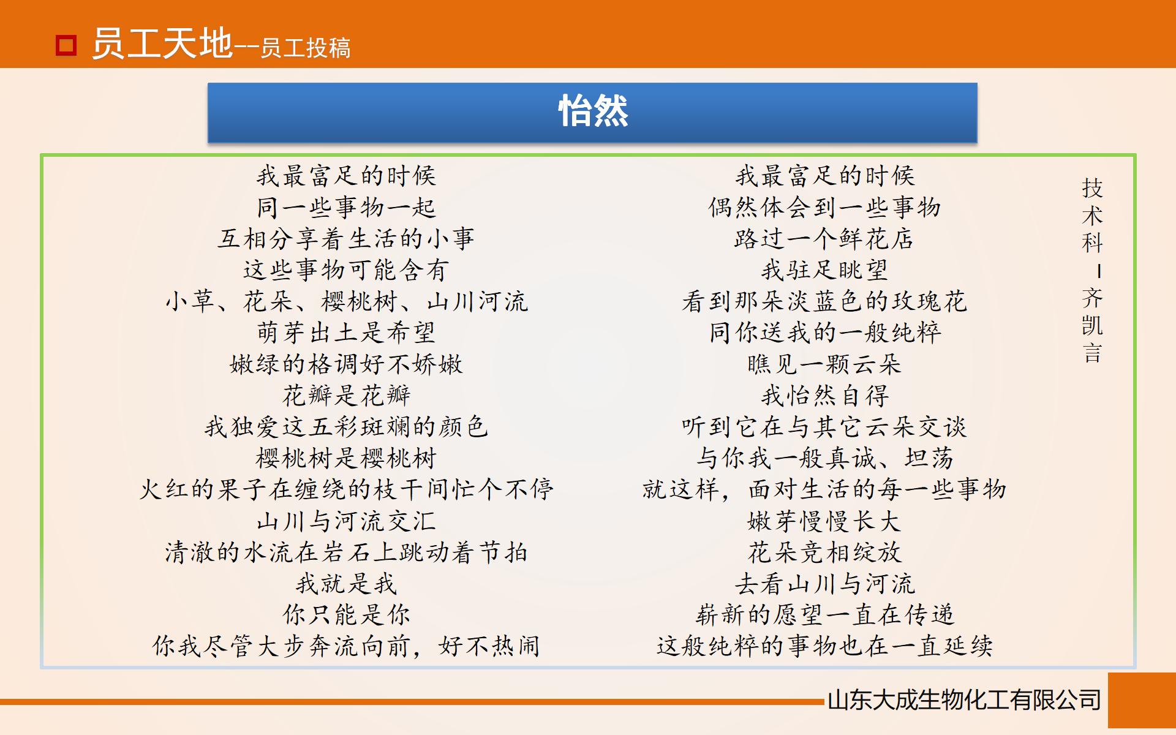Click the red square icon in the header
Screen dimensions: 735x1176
pyautogui.click(x=66, y=45)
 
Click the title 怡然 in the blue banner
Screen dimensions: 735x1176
pyautogui.click(x=593, y=111)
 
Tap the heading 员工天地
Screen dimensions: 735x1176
pyautogui.click(x=162, y=44)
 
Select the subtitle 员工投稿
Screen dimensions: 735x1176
pyautogui.click(x=305, y=48)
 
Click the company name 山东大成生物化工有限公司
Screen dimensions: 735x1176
pyautogui.click(x=964, y=700)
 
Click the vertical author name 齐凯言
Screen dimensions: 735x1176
pyautogui.click(x=1092, y=325)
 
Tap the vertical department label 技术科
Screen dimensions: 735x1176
pyautogui.click(x=1092, y=216)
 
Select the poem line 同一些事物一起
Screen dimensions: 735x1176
pyautogui.click(x=346, y=208)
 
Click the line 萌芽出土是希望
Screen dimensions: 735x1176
pyautogui.click(x=346, y=333)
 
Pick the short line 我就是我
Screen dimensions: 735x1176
pyautogui.click(x=346, y=584)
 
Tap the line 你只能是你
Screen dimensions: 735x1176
pyautogui.click(x=346, y=615)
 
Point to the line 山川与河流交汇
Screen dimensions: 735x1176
pyautogui.click(x=346, y=521)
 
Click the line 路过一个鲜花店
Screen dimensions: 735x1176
pyautogui.click(x=824, y=239)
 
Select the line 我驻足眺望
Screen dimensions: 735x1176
pyautogui.click(x=824, y=270)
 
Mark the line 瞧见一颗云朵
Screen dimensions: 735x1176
pyautogui.click(x=824, y=364)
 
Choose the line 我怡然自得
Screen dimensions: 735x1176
pyautogui.click(x=824, y=396)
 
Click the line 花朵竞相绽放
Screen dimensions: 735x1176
pyautogui.click(x=824, y=552)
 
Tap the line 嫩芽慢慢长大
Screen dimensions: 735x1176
pyautogui.click(x=824, y=521)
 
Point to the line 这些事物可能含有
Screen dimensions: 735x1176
pyautogui.click(x=346, y=270)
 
